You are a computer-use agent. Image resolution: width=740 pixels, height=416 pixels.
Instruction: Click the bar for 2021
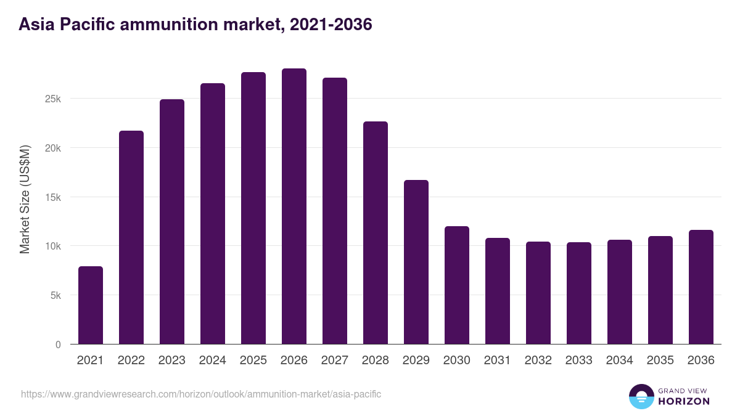coord(91,305)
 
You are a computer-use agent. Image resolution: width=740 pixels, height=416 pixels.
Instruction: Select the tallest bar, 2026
coord(294,206)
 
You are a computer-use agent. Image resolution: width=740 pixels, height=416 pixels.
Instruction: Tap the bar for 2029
coord(416,262)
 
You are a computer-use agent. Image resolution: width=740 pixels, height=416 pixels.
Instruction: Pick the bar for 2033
coord(579,293)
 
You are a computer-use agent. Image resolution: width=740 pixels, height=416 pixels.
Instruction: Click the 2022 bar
coord(131,237)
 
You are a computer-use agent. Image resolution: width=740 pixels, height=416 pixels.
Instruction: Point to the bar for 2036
coord(701,287)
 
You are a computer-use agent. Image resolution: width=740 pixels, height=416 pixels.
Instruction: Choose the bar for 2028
coord(376,233)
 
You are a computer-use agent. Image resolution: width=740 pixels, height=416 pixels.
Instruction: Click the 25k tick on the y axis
coord(52,99)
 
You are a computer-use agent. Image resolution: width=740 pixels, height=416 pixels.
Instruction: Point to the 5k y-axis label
coord(55,296)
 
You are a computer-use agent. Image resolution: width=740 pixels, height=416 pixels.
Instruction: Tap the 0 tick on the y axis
coord(58,345)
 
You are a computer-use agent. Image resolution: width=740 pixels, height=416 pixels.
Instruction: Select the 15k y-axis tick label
coord(52,197)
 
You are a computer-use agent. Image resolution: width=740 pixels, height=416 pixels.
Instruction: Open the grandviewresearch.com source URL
coord(201,394)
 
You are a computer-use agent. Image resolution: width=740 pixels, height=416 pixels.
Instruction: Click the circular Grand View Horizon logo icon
coord(641,396)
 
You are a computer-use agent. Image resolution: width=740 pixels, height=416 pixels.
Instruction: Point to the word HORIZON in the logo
coord(683,401)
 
